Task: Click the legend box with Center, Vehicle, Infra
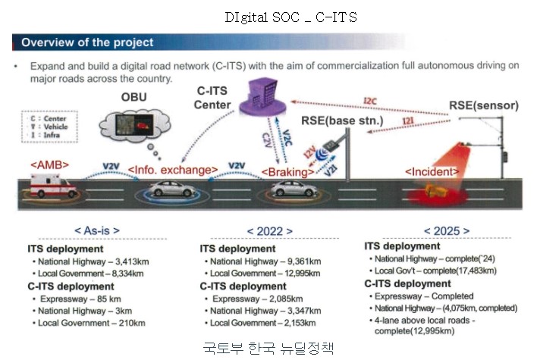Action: (46, 127)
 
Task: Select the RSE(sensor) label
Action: (482, 105)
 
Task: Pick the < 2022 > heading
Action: (271, 230)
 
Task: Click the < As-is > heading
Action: (96, 230)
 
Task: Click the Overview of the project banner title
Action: (87, 42)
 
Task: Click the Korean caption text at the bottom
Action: (268, 349)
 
